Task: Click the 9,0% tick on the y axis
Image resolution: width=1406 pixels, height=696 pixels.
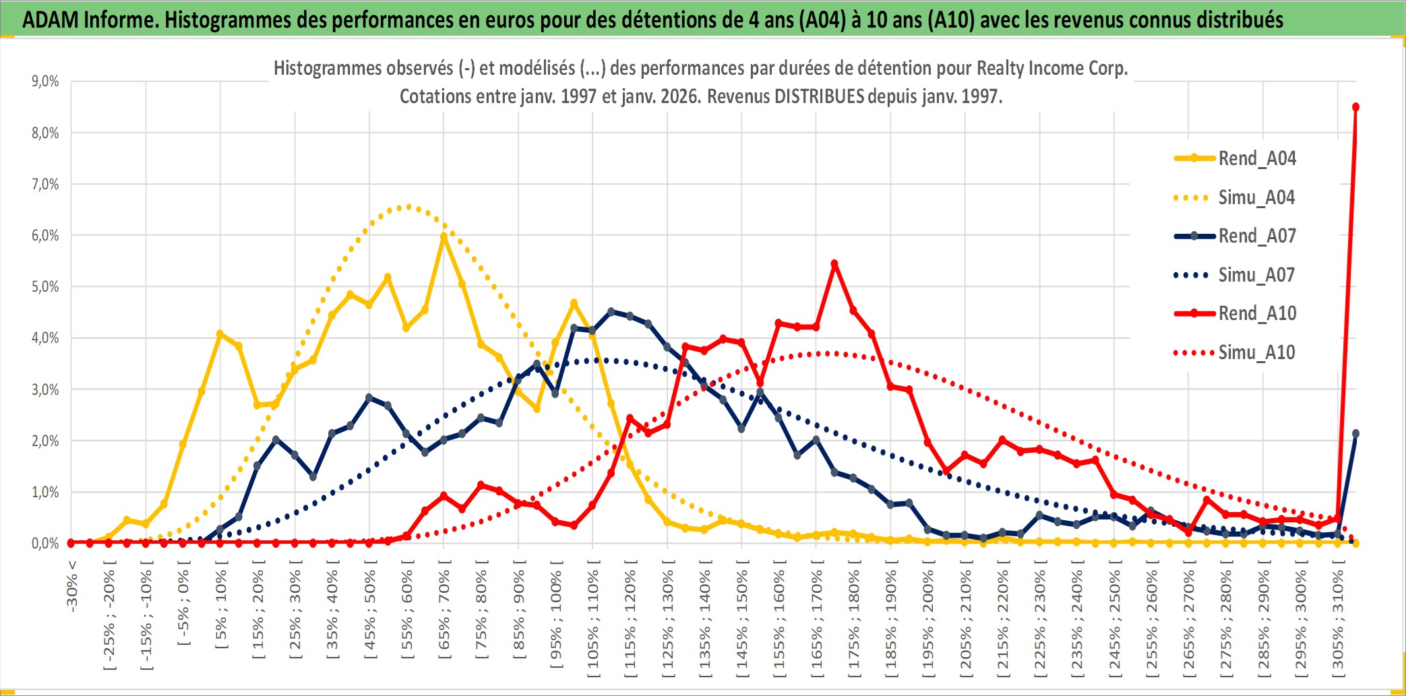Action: [x=45, y=82]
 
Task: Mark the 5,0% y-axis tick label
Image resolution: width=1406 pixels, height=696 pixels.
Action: [x=45, y=287]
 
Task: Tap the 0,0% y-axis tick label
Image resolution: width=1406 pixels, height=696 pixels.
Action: [x=45, y=543]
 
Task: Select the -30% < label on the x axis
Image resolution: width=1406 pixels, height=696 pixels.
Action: [x=71, y=586]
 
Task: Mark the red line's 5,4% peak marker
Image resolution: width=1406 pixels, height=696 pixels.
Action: [x=834, y=264]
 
